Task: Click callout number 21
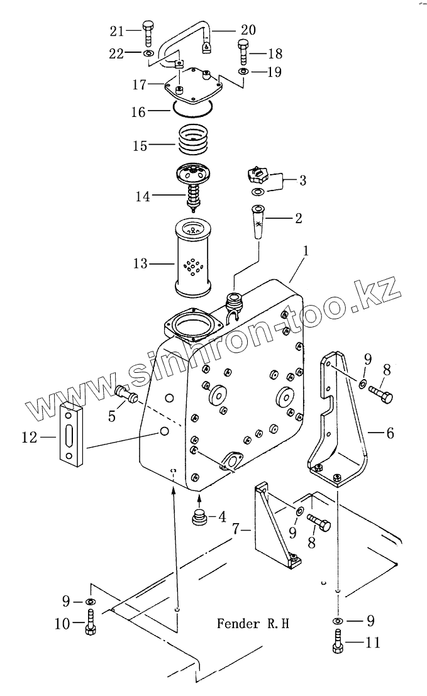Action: [117, 30]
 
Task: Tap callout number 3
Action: [302, 182]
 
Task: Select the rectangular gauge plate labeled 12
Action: [71, 434]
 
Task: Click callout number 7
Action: [237, 531]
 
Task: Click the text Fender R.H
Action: [253, 624]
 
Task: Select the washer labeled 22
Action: [148, 55]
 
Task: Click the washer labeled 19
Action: [243, 73]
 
